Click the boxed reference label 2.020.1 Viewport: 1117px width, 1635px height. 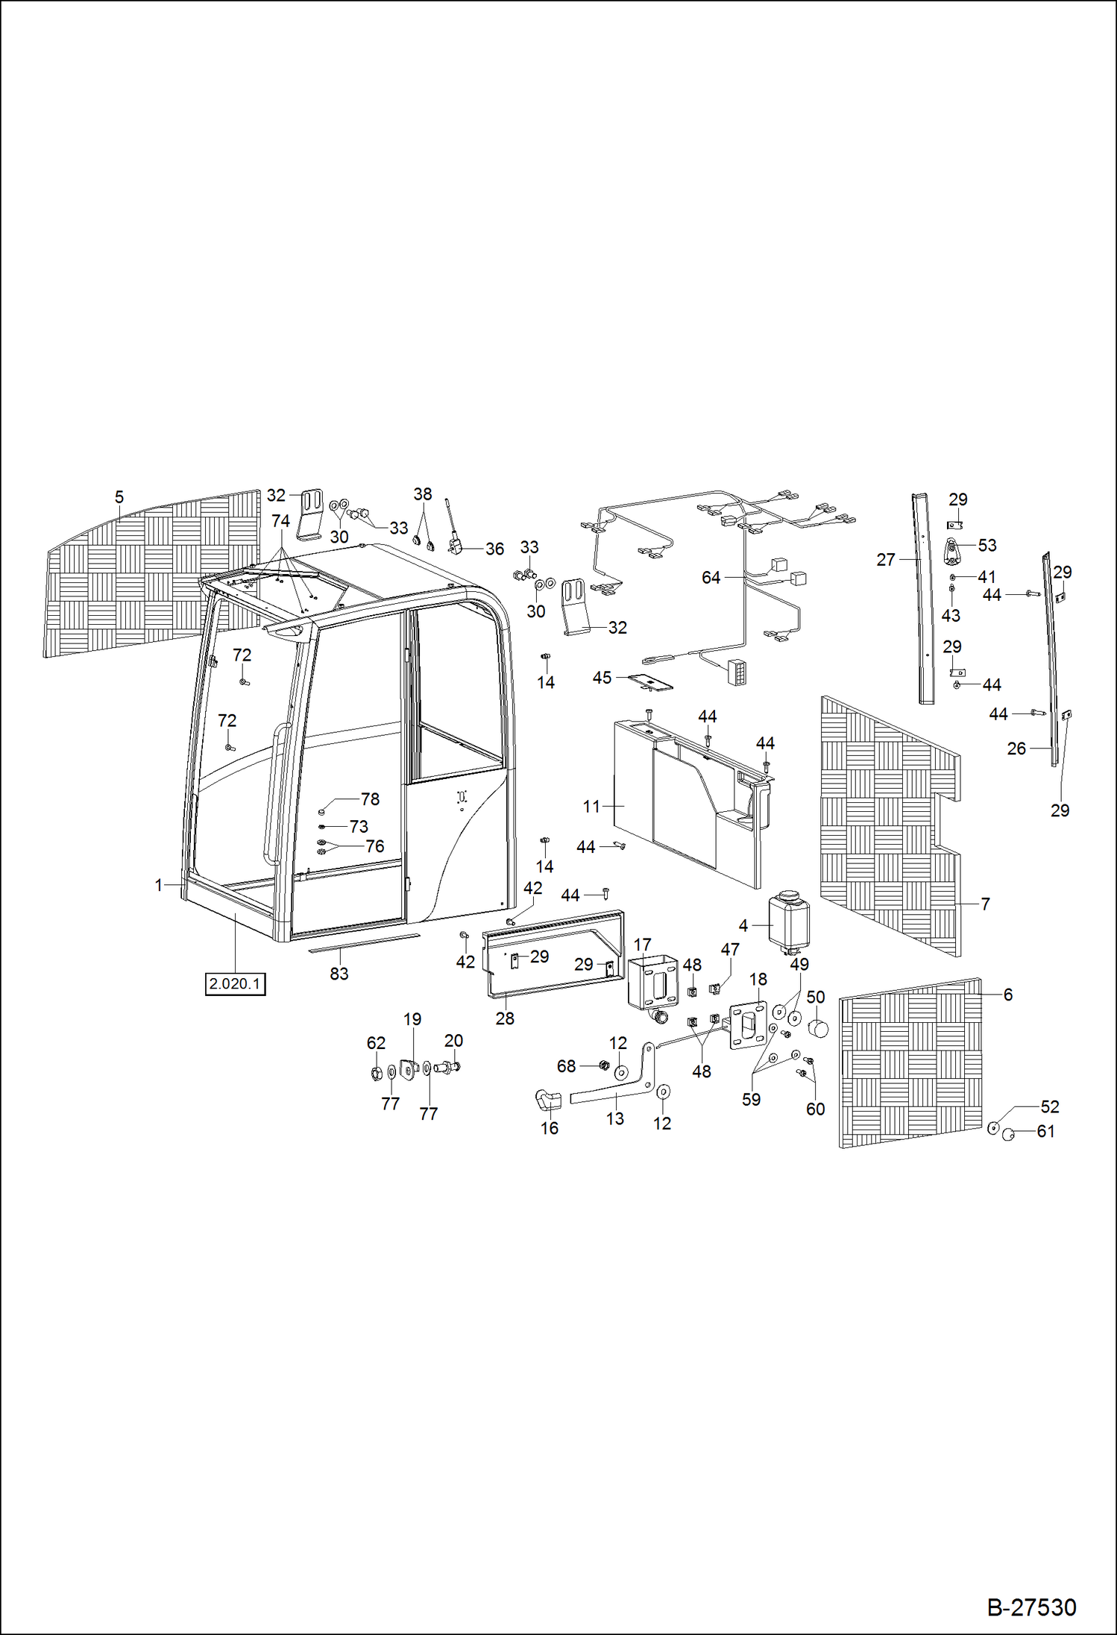pos(235,984)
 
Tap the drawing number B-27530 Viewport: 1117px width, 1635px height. pos(1031,1607)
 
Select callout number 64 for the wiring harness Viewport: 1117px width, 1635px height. pos(711,578)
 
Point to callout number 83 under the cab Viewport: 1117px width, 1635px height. pos(339,974)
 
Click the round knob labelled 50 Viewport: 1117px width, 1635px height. pos(818,1030)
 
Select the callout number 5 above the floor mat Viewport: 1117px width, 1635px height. pos(119,497)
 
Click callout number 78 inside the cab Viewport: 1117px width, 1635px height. pos(370,799)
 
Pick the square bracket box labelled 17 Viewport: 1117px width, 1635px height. pos(652,983)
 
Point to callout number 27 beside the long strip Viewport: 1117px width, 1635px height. pos(885,560)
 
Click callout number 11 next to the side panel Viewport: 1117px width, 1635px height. pos(591,807)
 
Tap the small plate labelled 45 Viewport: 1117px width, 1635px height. pos(649,681)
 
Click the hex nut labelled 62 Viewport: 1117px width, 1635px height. pos(377,1074)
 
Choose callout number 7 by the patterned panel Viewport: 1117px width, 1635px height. pos(985,904)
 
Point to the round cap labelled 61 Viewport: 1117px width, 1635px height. pos(1008,1135)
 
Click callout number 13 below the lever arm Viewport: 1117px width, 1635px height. pos(614,1118)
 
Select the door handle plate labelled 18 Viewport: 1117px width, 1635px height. pos(748,1026)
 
